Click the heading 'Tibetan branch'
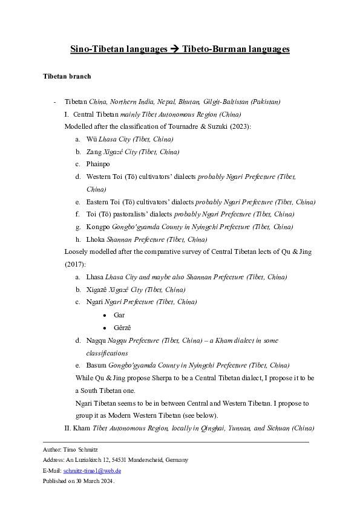(67, 77)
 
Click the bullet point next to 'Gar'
(105, 315)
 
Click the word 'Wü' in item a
(92, 139)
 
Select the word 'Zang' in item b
(94, 152)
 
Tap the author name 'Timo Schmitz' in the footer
(77, 450)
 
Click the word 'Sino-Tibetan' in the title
(94, 49)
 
